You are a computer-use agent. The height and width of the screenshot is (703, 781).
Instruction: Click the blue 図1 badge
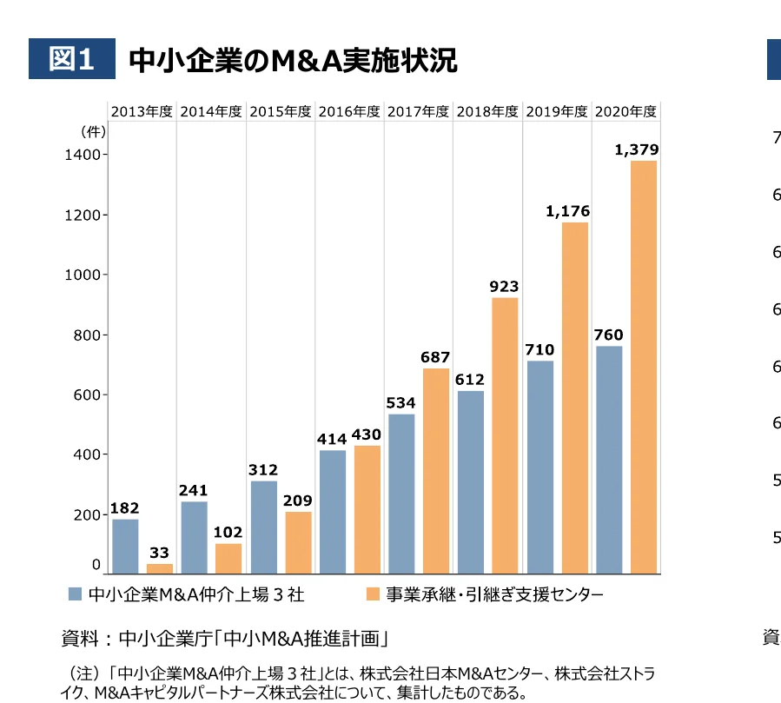point(72,60)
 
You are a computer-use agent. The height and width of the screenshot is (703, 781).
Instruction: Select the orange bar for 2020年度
point(644,367)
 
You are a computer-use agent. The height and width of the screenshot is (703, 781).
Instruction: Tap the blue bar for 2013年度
point(125,546)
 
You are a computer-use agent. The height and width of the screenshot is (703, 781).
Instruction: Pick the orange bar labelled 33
point(160,568)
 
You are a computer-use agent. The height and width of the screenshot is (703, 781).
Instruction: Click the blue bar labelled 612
point(471,482)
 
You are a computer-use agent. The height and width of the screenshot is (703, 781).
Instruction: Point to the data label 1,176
point(568,211)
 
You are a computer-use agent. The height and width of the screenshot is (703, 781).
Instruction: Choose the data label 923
point(504,287)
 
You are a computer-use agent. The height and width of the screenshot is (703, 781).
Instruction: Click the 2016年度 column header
point(349,111)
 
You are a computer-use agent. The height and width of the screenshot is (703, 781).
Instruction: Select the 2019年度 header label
point(557,111)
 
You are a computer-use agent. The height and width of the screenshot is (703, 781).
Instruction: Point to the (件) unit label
point(93,132)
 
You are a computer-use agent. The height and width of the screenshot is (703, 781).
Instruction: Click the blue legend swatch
point(75,595)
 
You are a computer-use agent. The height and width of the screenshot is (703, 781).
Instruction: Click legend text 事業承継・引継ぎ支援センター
point(494,595)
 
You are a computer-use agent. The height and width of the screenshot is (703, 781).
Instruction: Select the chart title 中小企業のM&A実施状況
point(293,60)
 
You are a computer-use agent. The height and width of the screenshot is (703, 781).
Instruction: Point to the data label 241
point(194,490)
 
